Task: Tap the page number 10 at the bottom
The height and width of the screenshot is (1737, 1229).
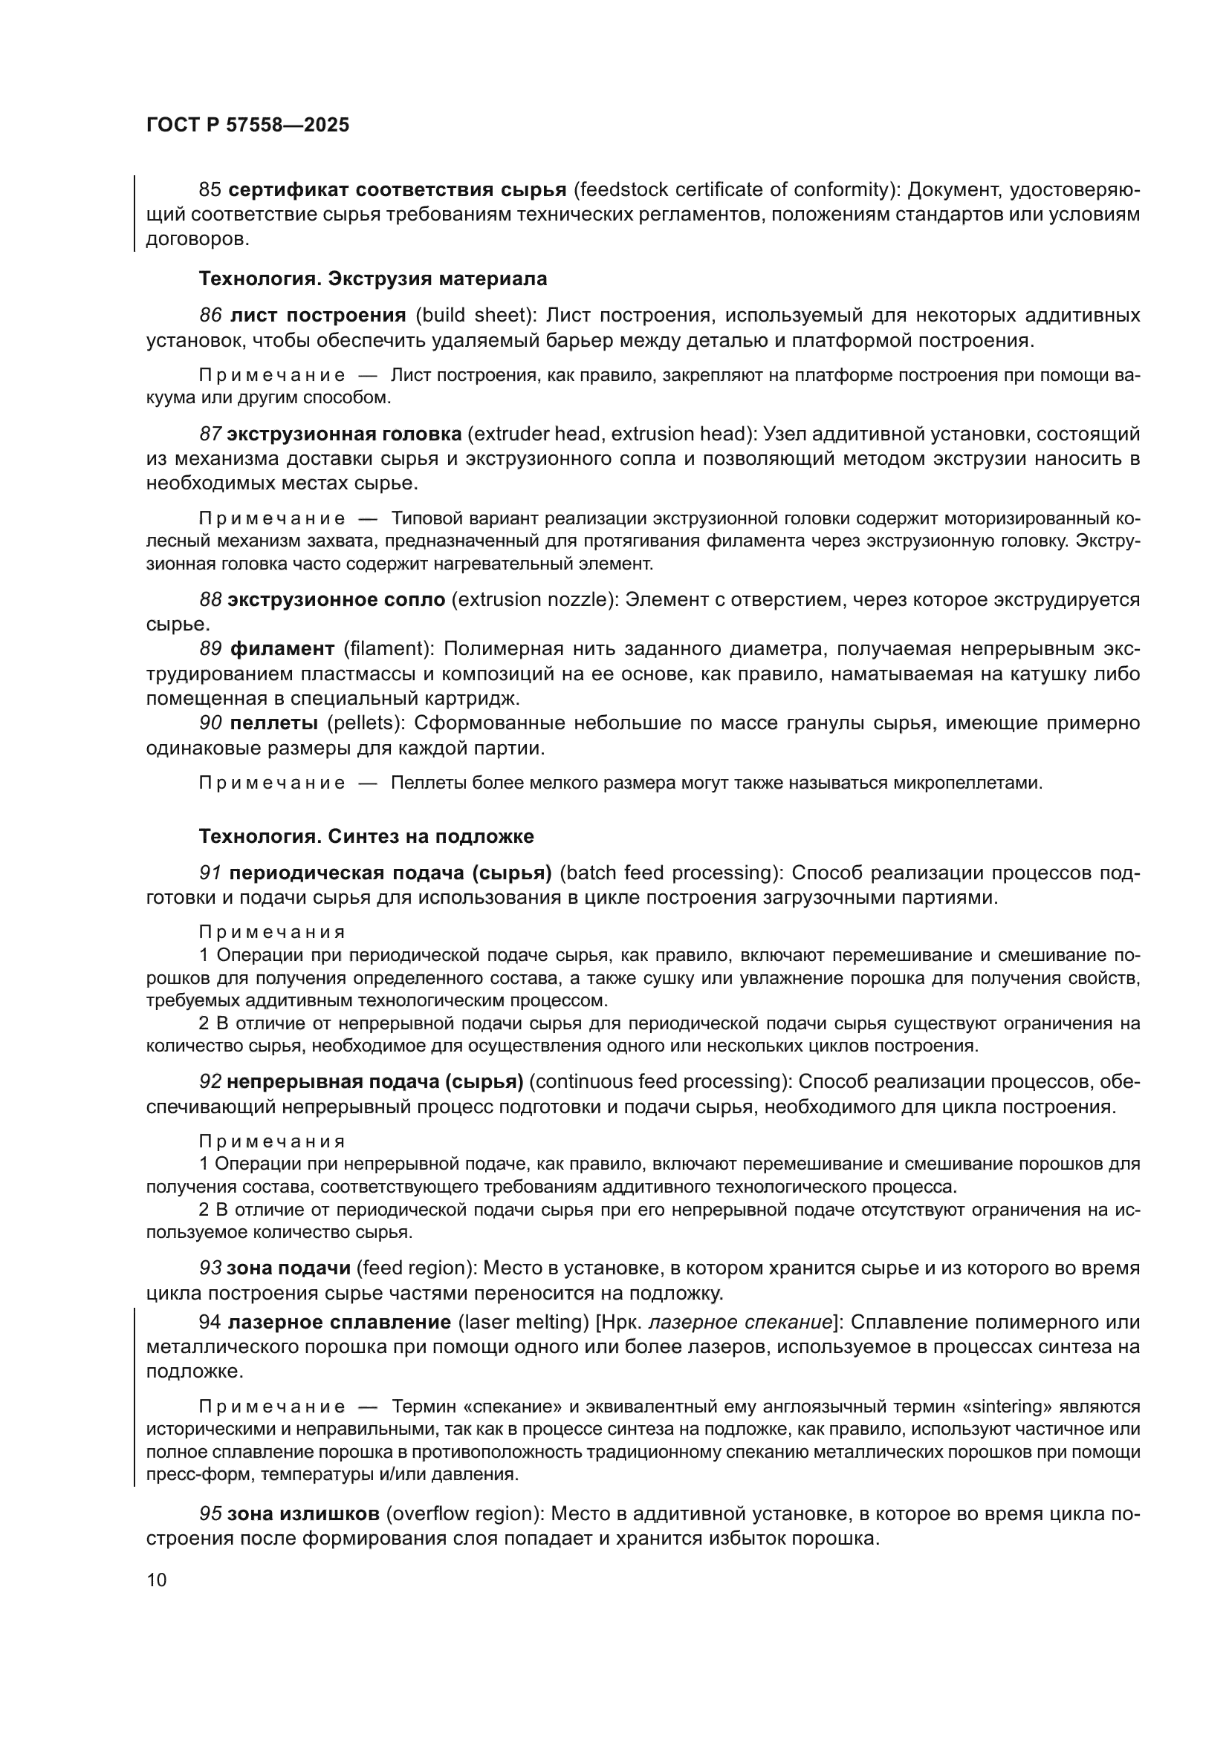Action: tap(157, 1580)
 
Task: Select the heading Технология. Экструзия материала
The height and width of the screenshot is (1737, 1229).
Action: tap(372, 279)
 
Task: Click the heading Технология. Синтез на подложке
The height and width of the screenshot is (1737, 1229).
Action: tap(366, 836)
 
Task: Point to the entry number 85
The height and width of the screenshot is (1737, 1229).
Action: tap(209, 189)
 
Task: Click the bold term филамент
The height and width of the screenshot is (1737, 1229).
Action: tap(282, 648)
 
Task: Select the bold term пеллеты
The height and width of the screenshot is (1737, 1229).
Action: tap(273, 723)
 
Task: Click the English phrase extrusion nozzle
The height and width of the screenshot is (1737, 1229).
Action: tap(531, 599)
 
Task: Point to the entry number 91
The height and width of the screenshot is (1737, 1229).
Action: tap(210, 873)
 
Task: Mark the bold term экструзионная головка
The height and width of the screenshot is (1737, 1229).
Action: tap(344, 434)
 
